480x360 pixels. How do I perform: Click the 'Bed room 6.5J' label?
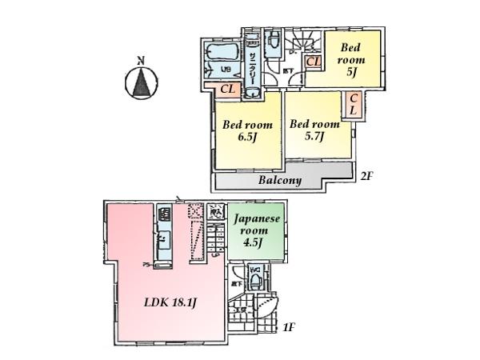point(246,130)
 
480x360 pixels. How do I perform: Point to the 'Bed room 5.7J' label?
point(314,130)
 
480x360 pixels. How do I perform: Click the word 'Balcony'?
point(279,181)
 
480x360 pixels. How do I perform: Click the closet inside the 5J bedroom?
point(313,62)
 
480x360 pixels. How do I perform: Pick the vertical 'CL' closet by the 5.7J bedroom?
point(353,104)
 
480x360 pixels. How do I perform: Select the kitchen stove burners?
point(164,215)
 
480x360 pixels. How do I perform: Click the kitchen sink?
point(163,240)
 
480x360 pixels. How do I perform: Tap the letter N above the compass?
point(141,60)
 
